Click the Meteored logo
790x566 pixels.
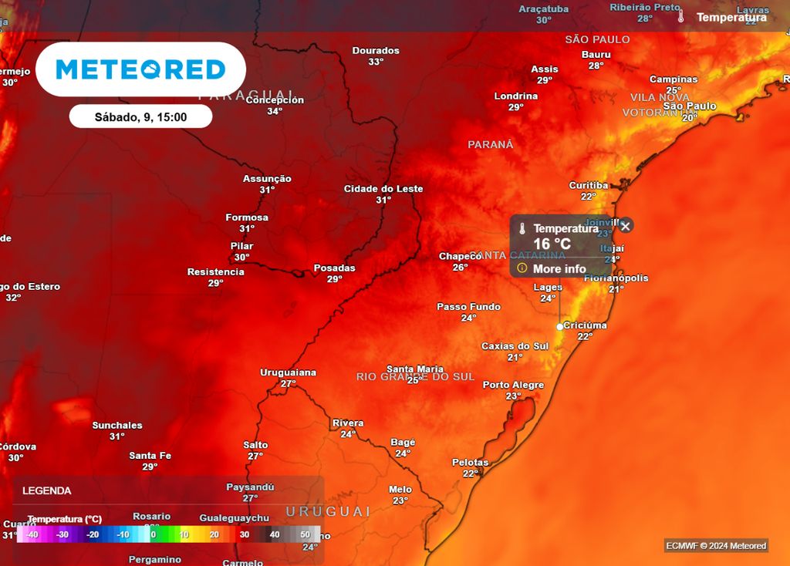[x=140, y=69]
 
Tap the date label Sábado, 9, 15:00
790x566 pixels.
[x=140, y=117]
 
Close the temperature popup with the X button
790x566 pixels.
[x=626, y=226]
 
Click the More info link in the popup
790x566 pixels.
[x=559, y=268]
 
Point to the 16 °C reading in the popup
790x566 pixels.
[x=552, y=244]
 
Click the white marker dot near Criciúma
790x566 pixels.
[x=559, y=326]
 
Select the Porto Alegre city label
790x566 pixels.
[x=513, y=385]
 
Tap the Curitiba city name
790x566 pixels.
[x=589, y=185]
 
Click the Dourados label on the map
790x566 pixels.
[x=376, y=51]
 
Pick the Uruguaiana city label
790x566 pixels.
[x=288, y=372]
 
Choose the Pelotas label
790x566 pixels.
[x=470, y=463]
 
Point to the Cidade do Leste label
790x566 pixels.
[x=383, y=189]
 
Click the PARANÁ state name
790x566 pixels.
[x=490, y=144]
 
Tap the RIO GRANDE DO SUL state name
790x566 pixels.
[x=416, y=376]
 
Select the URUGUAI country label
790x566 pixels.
[x=329, y=511]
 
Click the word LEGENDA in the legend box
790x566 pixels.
[x=47, y=490]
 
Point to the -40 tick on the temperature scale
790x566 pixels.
[x=32, y=534]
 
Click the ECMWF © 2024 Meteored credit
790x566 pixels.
[x=716, y=546]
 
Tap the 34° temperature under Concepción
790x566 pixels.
[x=275, y=111]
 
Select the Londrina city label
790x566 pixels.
[x=516, y=96]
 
